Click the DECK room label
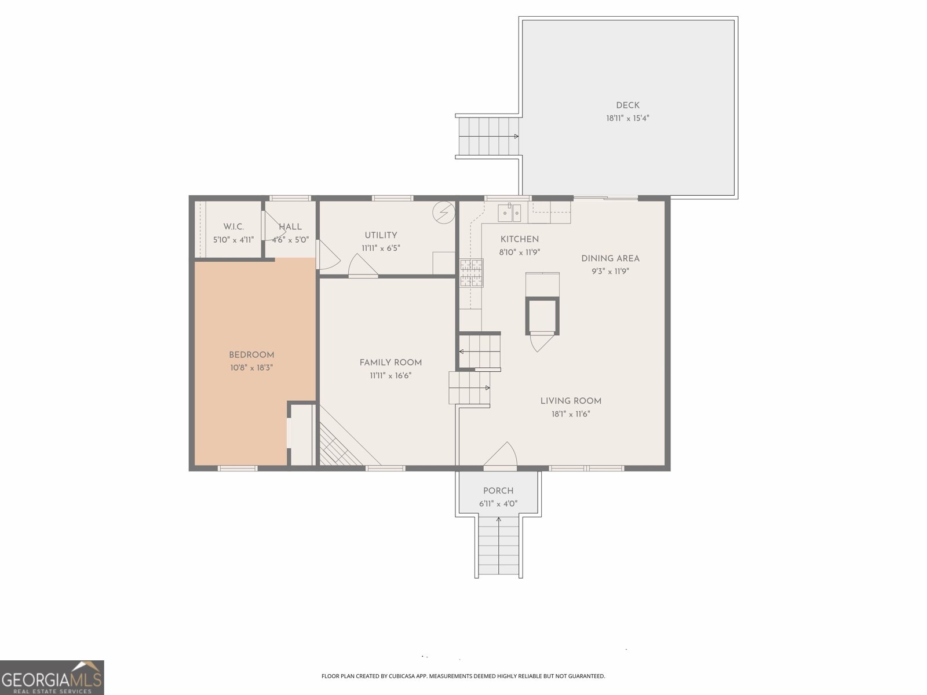[627, 105]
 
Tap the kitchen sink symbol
[509, 213]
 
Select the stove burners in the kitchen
[471, 273]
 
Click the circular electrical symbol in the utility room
[444, 213]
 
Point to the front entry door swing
[501, 455]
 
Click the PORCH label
[498, 491]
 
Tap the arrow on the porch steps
[499, 520]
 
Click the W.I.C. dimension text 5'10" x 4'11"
[233, 239]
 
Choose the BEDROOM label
[251, 355]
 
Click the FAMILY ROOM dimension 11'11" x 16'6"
[390, 375]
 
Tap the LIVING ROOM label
[571, 401]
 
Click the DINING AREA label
[610, 258]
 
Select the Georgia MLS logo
[52, 678]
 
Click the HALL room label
[290, 227]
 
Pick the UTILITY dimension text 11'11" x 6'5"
[381, 248]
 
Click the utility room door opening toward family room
[363, 268]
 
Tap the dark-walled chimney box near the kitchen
[542, 316]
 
